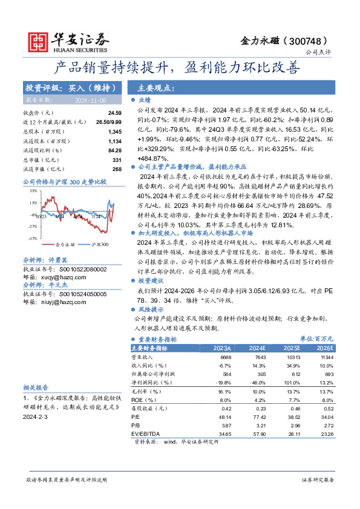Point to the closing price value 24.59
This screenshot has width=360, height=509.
click(x=114, y=113)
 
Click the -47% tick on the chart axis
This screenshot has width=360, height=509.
click(x=31, y=238)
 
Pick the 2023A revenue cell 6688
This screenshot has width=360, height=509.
click(x=223, y=357)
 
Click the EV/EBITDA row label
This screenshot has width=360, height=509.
click(x=144, y=435)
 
